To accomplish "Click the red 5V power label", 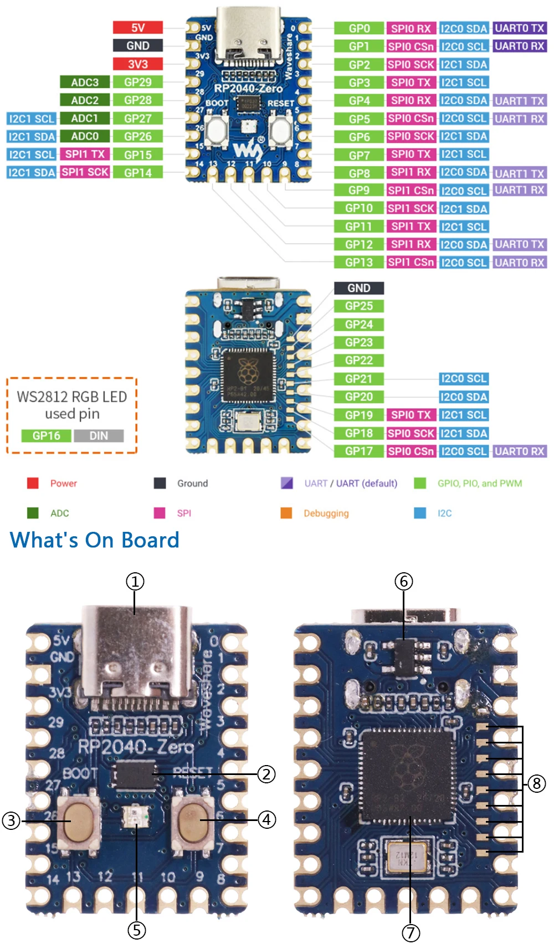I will pyautogui.click(x=138, y=28).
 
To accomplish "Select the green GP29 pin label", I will pyautogui.click(x=138, y=82).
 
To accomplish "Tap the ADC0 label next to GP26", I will pyautogui.click(x=85, y=136).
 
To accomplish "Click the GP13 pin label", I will pyautogui.click(x=359, y=262).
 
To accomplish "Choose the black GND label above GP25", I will pyautogui.click(x=359, y=288).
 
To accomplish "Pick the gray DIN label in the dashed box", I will pyautogui.click(x=99, y=436).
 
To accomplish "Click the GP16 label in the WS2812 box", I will pyautogui.click(x=47, y=436).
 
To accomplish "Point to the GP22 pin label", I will pyautogui.click(x=359, y=361).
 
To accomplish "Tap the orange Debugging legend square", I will pyautogui.click(x=286, y=513).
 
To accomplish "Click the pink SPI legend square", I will pyautogui.click(x=160, y=513).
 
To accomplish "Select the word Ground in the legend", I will pyautogui.click(x=192, y=484).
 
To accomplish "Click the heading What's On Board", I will pyautogui.click(x=95, y=540).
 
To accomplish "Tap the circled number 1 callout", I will pyautogui.click(x=135, y=582).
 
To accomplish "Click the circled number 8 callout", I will pyautogui.click(x=536, y=783).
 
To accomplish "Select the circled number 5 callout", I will pyautogui.click(x=136, y=930).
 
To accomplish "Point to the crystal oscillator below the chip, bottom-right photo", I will pyautogui.click(x=407, y=856).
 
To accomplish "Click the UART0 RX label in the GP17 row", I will pyautogui.click(x=520, y=452).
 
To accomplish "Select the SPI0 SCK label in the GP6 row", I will pyautogui.click(x=411, y=136).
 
